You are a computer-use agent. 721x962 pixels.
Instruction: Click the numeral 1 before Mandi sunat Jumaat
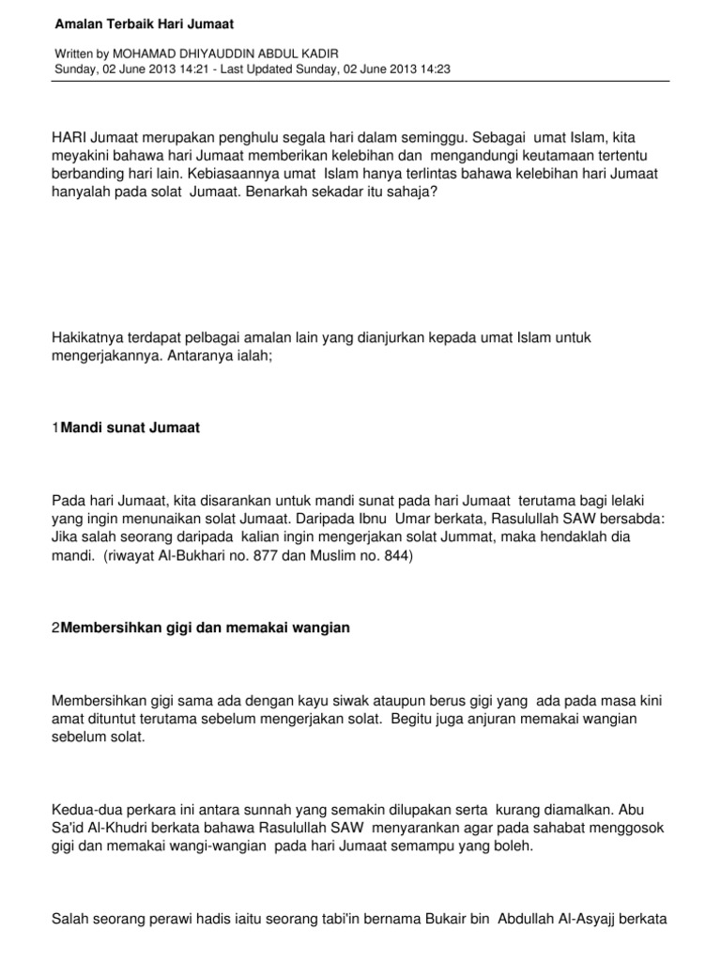pyautogui.click(x=55, y=427)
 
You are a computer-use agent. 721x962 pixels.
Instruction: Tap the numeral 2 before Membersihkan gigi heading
pyautogui.click(x=55, y=628)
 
